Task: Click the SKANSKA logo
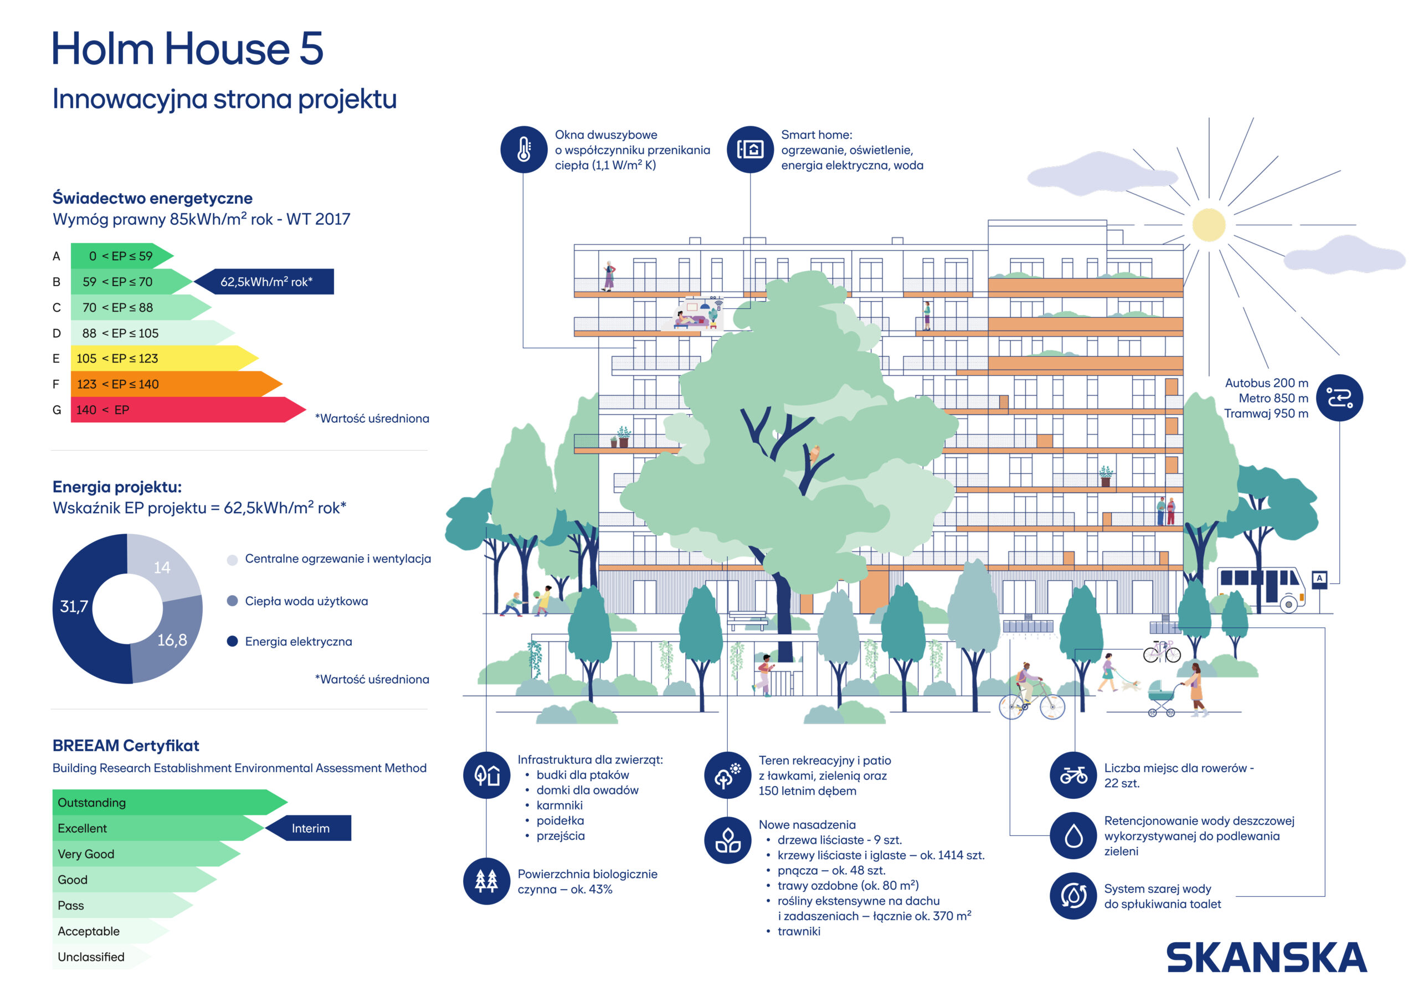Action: (x=1266, y=958)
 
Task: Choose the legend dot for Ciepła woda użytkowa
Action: (x=232, y=601)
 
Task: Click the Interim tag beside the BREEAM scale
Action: (x=310, y=828)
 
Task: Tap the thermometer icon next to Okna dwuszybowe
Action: (x=524, y=149)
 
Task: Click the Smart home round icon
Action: (x=750, y=149)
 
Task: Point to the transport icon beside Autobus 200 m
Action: (x=1339, y=397)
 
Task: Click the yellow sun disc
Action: (x=1208, y=225)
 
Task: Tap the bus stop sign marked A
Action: (x=1319, y=579)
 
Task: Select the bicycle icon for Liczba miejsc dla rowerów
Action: (x=1073, y=775)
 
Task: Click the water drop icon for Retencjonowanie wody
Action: (x=1073, y=836)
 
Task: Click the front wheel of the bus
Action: (x=1288, y=605)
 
